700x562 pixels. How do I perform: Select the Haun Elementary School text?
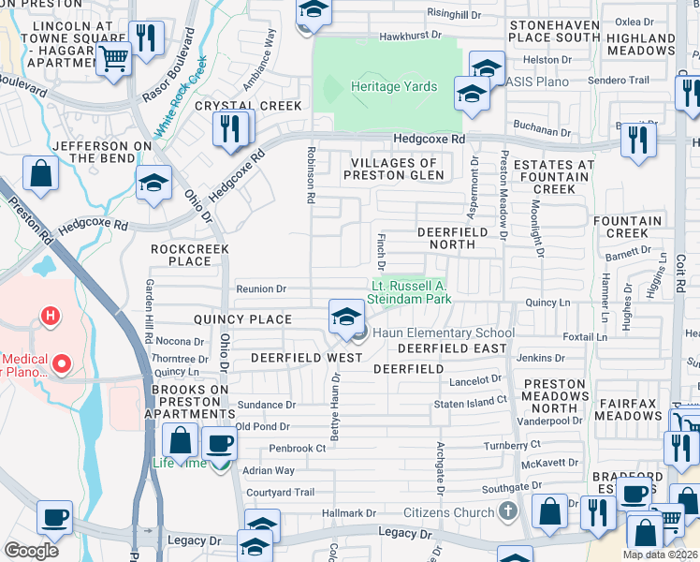pyautogui.click(x=444, y=333)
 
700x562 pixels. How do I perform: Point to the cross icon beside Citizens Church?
pyautogui.click(x=507, y=511)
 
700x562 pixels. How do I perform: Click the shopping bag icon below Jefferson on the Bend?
pyautogui.click(x=41, y=172)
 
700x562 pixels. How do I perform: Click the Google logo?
pyautogui.click(x=31, y=551)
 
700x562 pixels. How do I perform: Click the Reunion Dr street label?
pyautogui.click(x=261, y=288)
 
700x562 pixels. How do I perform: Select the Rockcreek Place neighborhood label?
pyautogui.click(x=182, y=255)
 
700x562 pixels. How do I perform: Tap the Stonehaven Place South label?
pyautogui.click(x=556, y=30)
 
